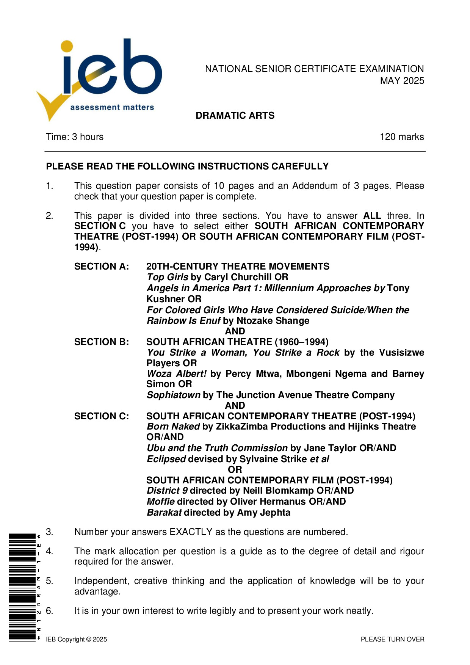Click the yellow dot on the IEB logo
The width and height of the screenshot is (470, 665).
67,46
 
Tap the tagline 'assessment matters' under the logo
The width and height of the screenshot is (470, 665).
112,107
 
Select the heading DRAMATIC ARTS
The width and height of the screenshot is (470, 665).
235,116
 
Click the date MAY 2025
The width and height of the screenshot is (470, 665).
402,81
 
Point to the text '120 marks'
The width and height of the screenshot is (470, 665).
402,137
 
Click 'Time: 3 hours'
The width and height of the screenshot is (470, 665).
75,137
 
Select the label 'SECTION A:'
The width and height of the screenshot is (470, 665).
102,267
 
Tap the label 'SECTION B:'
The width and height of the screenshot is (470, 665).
102,342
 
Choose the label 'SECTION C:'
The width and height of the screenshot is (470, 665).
102,416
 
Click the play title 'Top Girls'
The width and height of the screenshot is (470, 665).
167,277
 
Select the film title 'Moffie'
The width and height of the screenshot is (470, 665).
161,502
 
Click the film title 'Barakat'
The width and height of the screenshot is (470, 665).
164,513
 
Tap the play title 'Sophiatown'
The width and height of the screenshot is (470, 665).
174,395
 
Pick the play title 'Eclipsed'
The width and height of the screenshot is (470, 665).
166,459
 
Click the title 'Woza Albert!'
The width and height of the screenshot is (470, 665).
177,374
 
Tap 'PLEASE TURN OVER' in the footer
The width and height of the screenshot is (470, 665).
392,640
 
